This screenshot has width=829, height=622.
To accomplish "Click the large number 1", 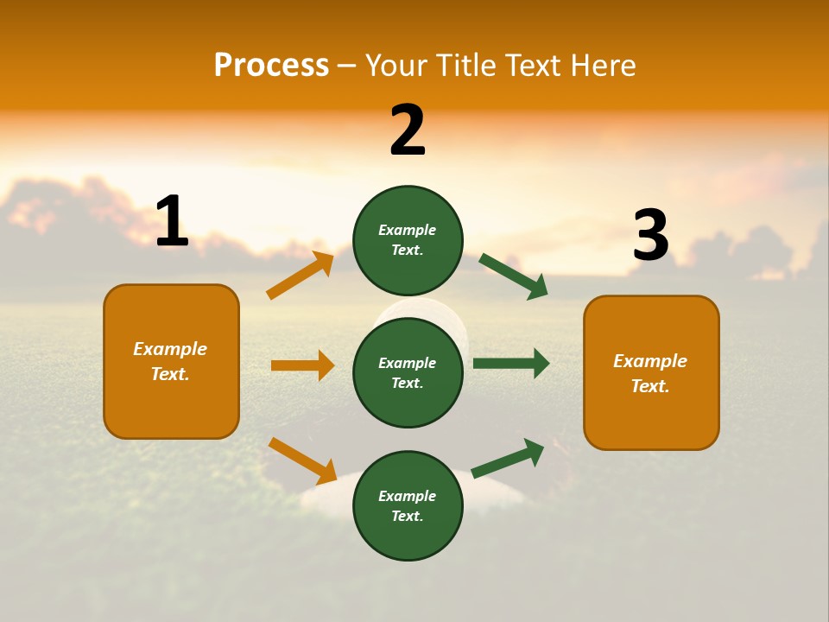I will [172, 221].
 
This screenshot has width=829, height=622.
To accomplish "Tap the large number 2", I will [408, 130].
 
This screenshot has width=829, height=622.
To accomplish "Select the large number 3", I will [650, 236].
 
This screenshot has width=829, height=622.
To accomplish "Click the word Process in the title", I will [271, 65].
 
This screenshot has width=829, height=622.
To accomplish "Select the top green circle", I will [408, 240].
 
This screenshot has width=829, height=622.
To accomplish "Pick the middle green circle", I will [408, 372].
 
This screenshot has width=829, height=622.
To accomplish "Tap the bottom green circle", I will [408, 505].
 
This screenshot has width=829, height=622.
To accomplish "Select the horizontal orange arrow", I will [302, 365].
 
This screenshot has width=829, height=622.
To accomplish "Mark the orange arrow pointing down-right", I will [302, 460].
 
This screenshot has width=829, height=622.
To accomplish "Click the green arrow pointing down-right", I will [514, 276].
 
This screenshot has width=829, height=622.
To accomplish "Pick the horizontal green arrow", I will [511, 364].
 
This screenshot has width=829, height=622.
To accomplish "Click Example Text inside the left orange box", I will [170, 361].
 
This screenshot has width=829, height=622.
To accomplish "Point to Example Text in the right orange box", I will [650, 373].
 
